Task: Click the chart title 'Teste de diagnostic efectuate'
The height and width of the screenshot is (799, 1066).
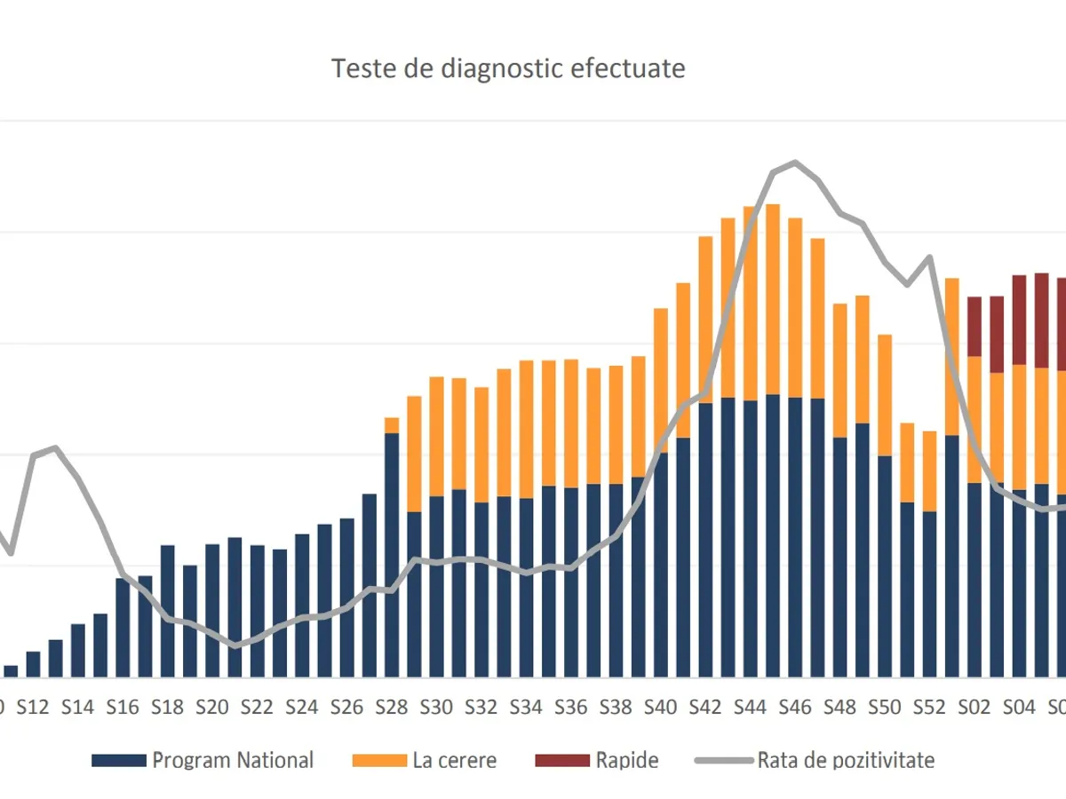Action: tap(508, 69)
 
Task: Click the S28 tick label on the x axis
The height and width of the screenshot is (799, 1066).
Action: tap(392, 708)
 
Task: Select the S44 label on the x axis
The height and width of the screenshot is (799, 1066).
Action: tap(751, 708)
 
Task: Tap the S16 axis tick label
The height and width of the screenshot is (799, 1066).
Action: tap(123, 708)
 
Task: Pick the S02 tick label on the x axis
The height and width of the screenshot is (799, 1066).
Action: tap(975, 708)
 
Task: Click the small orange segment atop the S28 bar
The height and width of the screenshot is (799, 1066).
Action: tap(392, 425)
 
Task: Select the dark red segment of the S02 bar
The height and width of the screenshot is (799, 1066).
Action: tap(975, 327)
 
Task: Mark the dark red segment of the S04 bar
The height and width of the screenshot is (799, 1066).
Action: tap(1019, 320)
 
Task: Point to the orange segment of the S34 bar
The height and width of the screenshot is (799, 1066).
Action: tap(527, 430)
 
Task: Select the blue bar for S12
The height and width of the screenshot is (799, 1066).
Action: tap(33, 664)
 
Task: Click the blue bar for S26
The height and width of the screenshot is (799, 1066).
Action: tap(347, 597)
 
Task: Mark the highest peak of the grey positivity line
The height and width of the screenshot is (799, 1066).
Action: tap(795, 162)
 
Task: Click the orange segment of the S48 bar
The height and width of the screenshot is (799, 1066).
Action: tap(840, 370)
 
